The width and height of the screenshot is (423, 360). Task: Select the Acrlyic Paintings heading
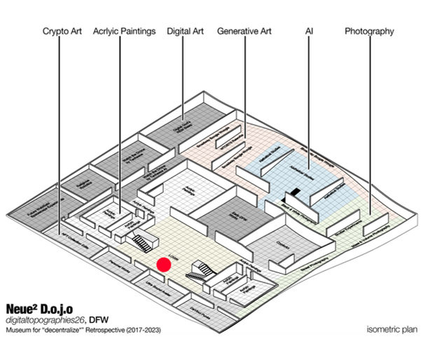(124, 32)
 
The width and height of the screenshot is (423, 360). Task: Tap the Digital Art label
(184, 32)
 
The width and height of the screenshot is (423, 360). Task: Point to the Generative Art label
(244, 32)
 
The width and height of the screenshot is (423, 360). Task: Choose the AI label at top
(310, 32)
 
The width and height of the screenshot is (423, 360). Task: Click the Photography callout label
(370, 32)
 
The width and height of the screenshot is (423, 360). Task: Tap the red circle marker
(164, 265)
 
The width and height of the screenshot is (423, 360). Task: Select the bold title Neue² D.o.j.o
(39, 308)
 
